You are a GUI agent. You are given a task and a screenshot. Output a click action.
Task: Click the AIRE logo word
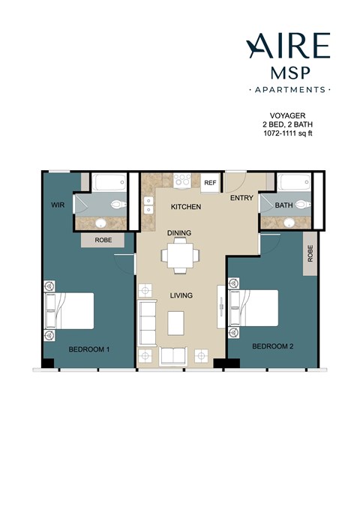288,46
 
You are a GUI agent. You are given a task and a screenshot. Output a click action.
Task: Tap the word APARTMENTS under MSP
288,89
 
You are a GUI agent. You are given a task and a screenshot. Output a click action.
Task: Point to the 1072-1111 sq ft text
287,133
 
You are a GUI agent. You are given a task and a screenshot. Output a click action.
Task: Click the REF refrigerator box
210,182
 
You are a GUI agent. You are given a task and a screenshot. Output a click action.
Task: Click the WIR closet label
57,204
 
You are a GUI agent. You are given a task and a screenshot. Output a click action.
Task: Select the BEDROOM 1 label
89,349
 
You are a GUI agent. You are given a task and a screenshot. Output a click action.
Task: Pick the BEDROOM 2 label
272,346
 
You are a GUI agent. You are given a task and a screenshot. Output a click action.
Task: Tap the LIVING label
181,295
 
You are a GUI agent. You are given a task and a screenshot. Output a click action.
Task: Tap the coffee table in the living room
176,322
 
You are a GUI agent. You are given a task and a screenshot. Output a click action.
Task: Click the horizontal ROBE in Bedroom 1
103,241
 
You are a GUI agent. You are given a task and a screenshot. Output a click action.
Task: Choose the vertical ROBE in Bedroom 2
310,255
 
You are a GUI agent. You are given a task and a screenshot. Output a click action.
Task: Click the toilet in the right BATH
301,204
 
